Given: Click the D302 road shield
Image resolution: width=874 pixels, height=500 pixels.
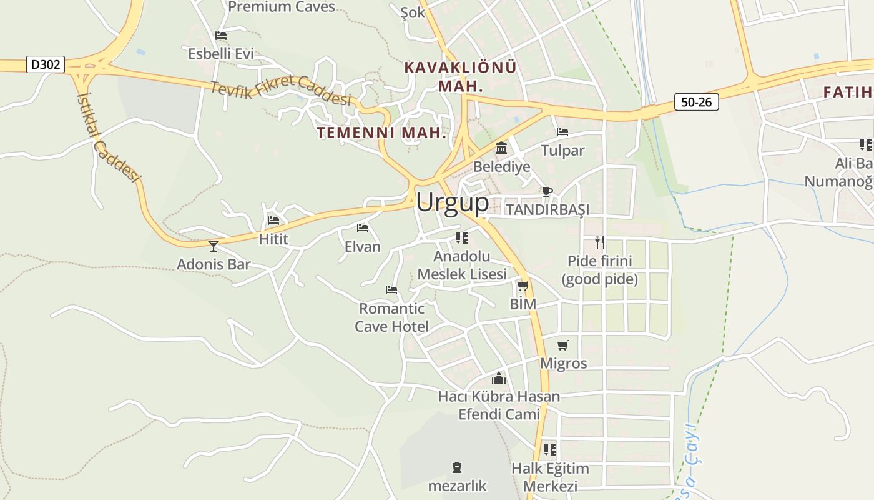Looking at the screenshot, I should click(x=46, y=64).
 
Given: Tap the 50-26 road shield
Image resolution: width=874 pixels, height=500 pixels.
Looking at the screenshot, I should click(x=696, y=102).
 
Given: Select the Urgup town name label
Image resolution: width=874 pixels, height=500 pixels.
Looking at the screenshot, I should click(x=453, y=202).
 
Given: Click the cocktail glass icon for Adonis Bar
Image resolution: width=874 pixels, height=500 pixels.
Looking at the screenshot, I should click(x=214, y=246).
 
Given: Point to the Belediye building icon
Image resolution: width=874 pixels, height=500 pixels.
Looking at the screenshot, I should click(x=501, y=149).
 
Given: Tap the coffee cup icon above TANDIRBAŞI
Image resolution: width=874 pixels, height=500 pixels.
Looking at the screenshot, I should click(x=547, y=191).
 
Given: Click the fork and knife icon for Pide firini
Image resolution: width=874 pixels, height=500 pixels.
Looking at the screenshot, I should click(x=599, y=242).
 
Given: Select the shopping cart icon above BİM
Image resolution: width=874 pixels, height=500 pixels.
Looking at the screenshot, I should click(x=523, y=286).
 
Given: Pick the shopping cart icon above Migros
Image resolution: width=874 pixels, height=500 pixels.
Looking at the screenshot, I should click(x=563, y=345).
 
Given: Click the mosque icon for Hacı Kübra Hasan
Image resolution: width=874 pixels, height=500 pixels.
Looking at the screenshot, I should click(x=498, y=378).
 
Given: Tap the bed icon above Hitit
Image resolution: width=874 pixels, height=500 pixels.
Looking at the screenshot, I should click(x=273, y=221).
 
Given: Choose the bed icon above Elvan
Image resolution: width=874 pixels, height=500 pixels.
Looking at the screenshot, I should click(x=362, y=228).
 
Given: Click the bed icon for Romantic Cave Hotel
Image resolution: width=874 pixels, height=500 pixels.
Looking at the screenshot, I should click(x=391, y=290).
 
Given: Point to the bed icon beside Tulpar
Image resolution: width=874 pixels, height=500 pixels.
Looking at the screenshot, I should click(x=562, y=132).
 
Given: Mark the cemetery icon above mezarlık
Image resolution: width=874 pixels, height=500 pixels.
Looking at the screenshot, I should click(x=457, y=467).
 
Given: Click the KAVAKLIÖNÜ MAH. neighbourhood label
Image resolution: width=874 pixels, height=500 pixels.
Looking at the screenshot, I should click(x=461, y=76).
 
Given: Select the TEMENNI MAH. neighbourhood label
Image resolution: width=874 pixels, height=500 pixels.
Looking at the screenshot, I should click(x=381, y=132).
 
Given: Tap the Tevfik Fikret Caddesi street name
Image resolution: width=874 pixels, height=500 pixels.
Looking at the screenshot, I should click(x=281, y=92).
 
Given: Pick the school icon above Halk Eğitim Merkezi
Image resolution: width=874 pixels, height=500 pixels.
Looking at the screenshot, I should click(x=550, y=449).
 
